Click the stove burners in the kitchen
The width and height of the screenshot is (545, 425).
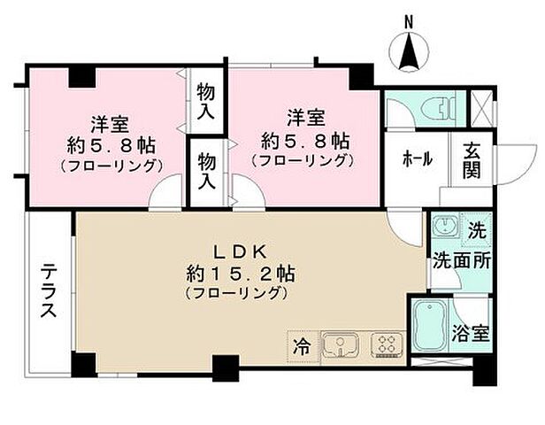[386, 343]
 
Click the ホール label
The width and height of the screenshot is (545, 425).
[417, 159]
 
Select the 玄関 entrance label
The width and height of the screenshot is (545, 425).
[471, 159]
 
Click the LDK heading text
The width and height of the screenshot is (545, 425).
[239, 251]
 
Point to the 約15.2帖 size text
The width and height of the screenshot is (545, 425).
[239, 272]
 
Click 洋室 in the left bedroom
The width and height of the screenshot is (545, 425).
[110, 121]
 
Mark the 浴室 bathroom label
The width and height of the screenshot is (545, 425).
[471, 335]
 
